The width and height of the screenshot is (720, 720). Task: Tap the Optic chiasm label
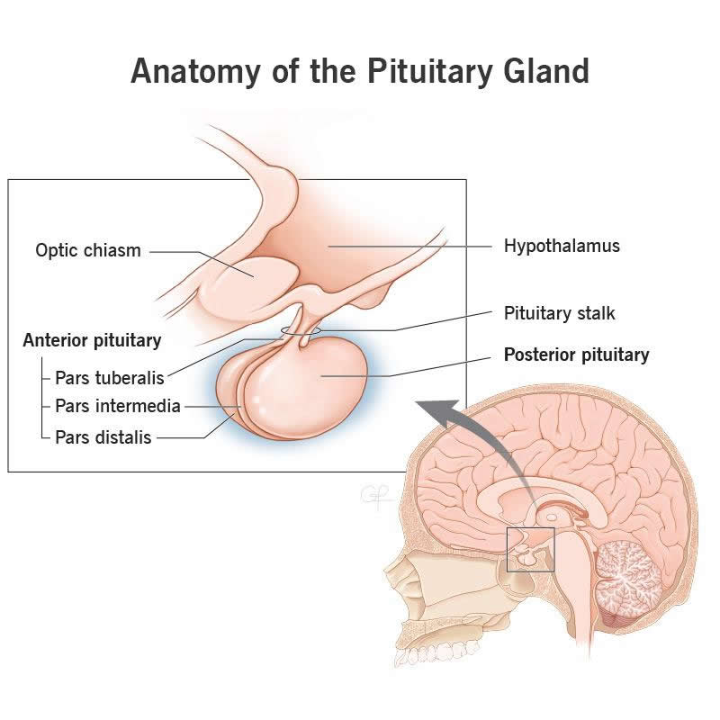88,250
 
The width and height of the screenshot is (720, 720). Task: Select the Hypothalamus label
562,245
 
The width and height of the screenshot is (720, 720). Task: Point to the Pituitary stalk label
559,313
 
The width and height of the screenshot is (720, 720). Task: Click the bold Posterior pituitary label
576,355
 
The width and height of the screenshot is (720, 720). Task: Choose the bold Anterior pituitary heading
92,340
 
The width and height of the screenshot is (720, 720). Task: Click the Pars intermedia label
117,406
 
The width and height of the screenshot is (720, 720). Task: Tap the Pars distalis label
103,437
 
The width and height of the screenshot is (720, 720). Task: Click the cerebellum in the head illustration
630,576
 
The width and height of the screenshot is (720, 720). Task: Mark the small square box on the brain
530,550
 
